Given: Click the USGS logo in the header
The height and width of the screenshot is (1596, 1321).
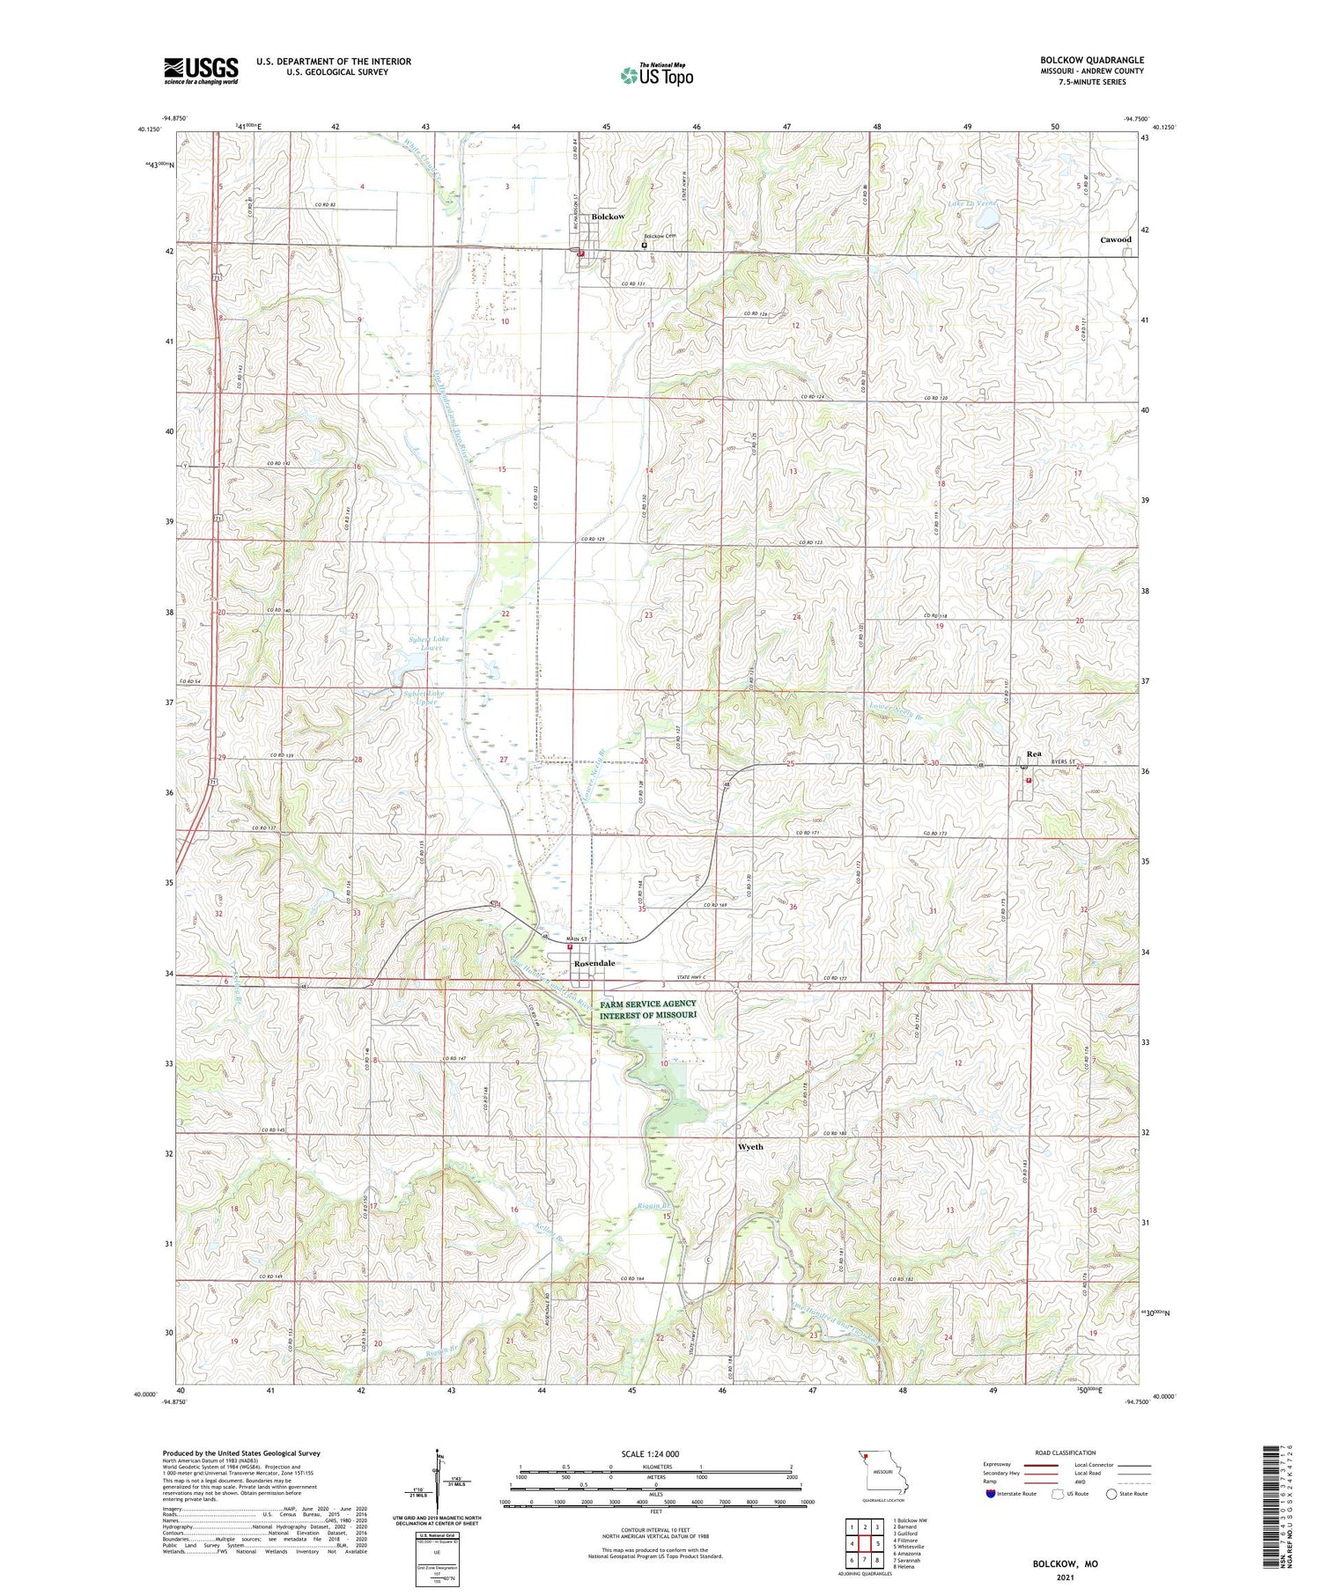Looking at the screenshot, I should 201,70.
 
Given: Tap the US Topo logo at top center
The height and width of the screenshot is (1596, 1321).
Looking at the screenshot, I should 656,75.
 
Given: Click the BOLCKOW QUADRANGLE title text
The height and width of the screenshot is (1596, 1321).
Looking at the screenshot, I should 1092,60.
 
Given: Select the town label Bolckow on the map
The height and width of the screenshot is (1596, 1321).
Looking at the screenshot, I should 608,217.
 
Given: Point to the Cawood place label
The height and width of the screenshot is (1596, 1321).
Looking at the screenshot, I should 1116,239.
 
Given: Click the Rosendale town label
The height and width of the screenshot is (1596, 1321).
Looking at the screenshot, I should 594,964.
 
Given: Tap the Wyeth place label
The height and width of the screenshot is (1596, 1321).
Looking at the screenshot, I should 750,1147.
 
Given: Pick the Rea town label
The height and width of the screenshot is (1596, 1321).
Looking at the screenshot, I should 1034,754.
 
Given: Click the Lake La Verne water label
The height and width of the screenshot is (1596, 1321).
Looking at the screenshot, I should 973,203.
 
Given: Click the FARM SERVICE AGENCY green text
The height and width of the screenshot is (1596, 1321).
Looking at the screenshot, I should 648,1004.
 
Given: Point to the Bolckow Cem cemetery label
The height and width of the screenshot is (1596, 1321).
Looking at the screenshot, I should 659,236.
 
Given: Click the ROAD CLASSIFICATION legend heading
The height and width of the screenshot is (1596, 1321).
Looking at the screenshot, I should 1066,1453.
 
